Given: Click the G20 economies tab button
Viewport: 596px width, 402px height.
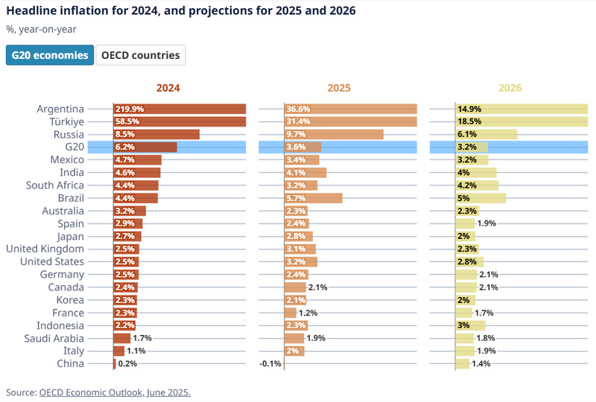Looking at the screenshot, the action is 50,55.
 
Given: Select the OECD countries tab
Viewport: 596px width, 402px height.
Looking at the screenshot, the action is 140,55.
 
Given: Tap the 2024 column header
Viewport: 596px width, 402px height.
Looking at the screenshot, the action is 168,88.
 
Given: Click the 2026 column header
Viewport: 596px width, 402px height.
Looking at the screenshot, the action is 510,88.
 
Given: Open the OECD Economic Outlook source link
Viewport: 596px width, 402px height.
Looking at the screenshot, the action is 115,392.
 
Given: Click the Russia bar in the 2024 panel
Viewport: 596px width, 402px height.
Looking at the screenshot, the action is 156,134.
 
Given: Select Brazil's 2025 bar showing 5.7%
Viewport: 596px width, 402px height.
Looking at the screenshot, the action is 314,198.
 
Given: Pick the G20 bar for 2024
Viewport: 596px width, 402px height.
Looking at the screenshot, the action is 145,147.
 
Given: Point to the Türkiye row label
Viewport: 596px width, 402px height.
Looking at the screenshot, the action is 66,121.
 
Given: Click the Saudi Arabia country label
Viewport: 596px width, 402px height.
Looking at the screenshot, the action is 54,338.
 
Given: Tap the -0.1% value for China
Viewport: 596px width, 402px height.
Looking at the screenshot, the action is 270,363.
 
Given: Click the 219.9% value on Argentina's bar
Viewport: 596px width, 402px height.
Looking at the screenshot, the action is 130,109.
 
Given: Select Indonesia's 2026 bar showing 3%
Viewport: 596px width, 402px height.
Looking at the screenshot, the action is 471,325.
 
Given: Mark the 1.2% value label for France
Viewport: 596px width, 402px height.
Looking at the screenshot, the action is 308,313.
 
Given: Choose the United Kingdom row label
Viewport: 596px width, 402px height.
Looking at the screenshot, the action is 45,249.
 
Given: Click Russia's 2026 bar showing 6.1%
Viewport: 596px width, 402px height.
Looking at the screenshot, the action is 486,134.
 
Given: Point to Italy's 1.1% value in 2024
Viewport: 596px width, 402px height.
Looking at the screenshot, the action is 136,351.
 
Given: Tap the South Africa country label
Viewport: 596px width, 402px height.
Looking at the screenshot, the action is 54,185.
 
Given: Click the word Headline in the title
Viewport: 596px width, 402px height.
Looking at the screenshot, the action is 31,10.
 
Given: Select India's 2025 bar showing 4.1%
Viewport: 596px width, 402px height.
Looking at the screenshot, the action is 305,173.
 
